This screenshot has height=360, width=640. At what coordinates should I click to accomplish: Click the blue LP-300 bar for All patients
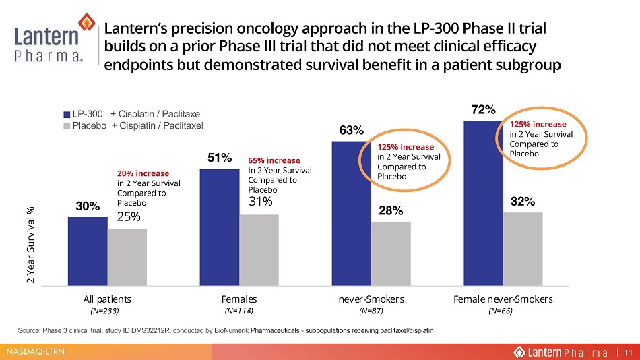point(88,251)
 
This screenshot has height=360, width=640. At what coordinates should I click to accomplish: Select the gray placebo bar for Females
point(259,250)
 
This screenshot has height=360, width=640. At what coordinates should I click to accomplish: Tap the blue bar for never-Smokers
point(352,213)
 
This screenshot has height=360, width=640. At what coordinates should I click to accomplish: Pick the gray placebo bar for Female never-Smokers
point(523,249)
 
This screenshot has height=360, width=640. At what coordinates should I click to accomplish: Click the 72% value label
point(483,109)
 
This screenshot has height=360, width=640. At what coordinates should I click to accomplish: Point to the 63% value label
point(352,130)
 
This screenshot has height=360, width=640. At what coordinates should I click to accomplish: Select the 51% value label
point(220,158)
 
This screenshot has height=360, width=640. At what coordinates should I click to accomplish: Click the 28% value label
point(391,210)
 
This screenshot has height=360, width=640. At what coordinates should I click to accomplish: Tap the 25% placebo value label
point(129,216)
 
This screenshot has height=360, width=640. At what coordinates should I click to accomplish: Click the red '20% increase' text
point(143,173)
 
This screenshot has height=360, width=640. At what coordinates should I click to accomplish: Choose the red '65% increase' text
point(274,160)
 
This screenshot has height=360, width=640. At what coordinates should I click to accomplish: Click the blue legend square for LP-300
point(67,115)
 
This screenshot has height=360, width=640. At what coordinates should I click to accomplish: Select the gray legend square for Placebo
point(67,126)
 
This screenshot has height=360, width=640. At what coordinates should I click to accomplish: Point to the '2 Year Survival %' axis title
point(30,245)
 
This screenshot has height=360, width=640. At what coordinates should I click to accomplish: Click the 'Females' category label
point(239,299)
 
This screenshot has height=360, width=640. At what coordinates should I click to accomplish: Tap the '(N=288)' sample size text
point(104,311)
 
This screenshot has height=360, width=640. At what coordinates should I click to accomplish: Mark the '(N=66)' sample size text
point(501,311)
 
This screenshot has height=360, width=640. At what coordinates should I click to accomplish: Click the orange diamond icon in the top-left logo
point(86,22)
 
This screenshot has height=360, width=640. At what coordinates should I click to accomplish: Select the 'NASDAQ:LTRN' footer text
point(35,351)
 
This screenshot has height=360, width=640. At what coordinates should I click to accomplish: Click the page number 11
point(628,352)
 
